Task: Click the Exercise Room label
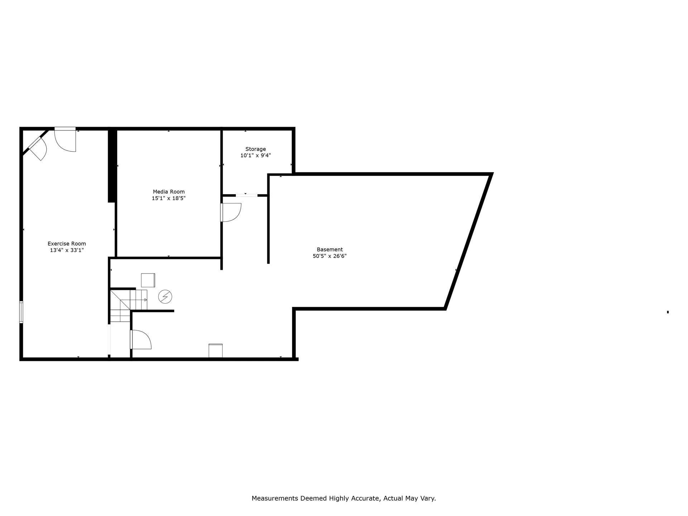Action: tap(67, 244)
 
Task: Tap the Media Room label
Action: tap(168, 192)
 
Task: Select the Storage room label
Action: tap(255, 149)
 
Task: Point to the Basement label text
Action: tap(330, 249)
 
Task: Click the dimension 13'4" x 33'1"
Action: tap(67, 250)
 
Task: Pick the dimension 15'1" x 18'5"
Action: tap(168, 198)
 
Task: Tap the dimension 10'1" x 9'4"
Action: tap(255, 156)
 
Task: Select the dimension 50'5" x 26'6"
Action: tap(330, 256)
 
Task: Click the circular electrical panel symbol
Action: tap(165, 297)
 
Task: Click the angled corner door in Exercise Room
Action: tap(38, 148)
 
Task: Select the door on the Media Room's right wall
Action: tap(230, 212)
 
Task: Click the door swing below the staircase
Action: tap(141, 339)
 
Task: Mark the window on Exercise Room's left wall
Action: tap(21, 312)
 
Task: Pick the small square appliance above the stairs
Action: tap(148, 280)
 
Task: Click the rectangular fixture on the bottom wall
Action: tap(215, 350)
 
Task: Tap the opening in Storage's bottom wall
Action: tap(247, 195)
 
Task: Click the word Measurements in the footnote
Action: tap(275, 498)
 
